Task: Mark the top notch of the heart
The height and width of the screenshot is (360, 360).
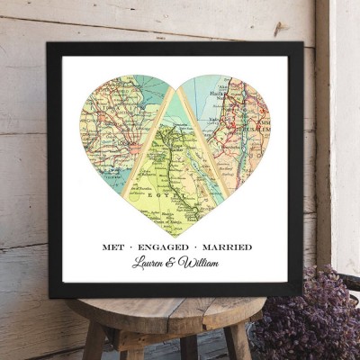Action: click(176, 91)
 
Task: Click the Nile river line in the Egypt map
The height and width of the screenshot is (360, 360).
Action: click(171, 166)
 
